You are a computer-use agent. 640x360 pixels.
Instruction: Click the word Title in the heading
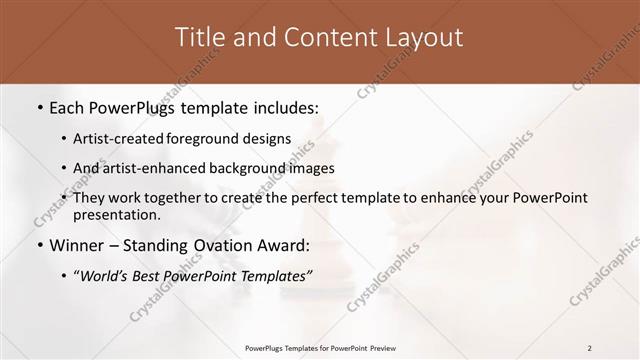(200, 38)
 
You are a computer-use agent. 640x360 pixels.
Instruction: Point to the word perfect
(303, 198)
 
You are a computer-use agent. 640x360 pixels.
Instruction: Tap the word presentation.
(116, 215)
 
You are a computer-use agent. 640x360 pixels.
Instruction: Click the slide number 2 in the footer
(589, 348)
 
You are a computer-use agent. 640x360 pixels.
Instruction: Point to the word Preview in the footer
(379, 348)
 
